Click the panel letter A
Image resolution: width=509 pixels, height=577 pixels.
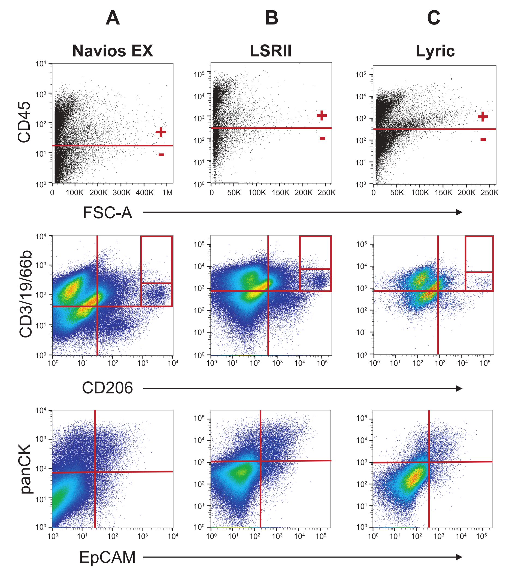click(113, 18)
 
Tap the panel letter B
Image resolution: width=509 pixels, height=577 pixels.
click(272, 18)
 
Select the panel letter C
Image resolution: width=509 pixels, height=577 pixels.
click(434, 18)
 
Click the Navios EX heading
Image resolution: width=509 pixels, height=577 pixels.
click(113, 51)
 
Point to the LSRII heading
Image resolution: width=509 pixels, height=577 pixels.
click(271, 51)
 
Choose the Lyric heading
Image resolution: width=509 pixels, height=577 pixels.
click(435, 51)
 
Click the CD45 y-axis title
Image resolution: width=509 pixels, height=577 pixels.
click(24, 122)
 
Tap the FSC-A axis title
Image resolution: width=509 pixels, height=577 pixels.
click(107, 213)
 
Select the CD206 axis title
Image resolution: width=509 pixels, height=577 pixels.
click(107, 388)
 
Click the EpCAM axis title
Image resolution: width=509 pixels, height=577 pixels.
click(107, 557)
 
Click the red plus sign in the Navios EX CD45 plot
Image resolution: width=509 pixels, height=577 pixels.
click(161, 132)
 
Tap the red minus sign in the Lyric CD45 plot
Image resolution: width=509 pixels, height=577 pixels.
click(483, 139)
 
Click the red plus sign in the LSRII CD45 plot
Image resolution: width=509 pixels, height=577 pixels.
click(322, 115)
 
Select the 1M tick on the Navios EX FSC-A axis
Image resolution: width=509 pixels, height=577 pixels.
click(167, 193)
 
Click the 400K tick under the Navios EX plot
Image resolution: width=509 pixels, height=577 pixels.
click(144, 193)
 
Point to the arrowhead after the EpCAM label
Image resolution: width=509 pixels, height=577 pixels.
click(459, 557)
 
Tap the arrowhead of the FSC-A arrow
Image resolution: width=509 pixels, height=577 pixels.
click(459, 212)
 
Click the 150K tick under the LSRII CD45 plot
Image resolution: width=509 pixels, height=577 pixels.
click(280, 193)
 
